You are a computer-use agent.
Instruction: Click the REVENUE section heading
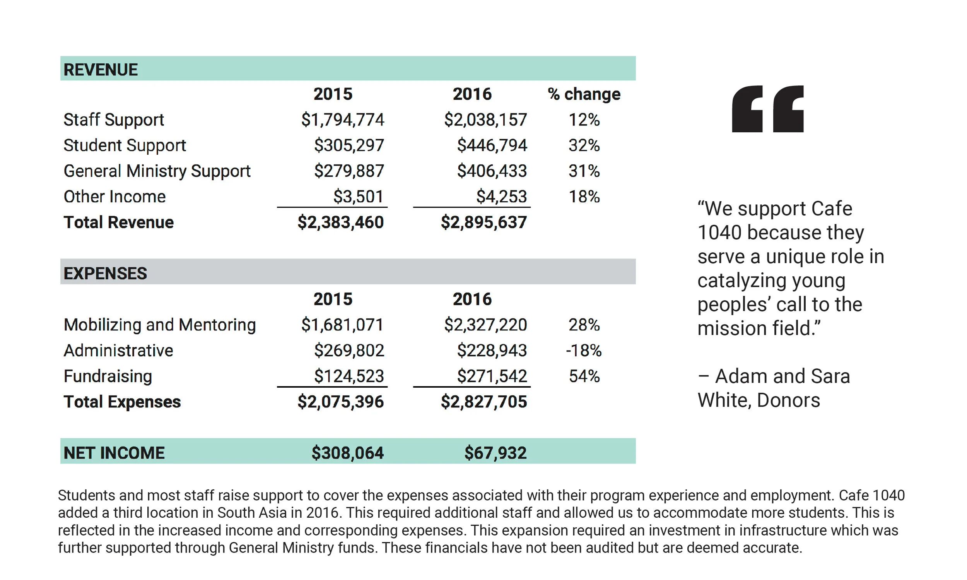click(101, 70)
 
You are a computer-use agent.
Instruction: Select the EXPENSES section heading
click(105, 273)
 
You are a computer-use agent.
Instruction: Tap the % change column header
click(584, 94)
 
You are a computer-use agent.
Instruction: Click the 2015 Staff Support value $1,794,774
click(342, 120)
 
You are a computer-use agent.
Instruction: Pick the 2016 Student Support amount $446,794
click(492, 145)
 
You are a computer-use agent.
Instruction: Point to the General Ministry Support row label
click(157, 171)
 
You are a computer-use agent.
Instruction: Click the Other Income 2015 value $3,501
click(358, 197)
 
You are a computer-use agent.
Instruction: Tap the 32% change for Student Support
click(584, 145)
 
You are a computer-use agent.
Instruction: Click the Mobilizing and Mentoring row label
click(159, 325)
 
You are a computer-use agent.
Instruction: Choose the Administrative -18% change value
click(583, 351)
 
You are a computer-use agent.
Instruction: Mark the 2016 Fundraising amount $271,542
click(492, 376)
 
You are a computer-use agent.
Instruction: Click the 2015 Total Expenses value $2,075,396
click(340, 402)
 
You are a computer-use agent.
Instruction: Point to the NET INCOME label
click(114, 453)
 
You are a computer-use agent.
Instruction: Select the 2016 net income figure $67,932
click(495, 453)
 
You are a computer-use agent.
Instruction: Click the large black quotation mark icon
click(767, 109)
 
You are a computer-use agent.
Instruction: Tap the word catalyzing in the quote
click(771, 281)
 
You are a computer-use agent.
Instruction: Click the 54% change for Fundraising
click(584, 376)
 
